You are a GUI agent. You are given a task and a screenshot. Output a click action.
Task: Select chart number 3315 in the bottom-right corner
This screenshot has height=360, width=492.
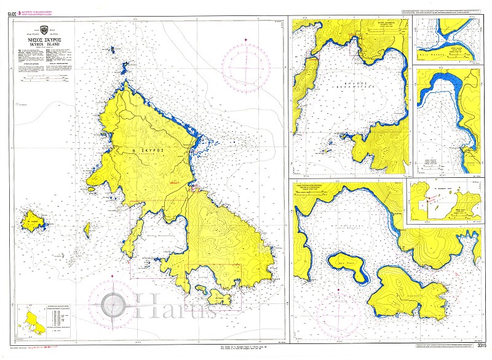tap(482, 346)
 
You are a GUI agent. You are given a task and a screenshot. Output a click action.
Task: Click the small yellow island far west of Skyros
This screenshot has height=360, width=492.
tap(31, 220)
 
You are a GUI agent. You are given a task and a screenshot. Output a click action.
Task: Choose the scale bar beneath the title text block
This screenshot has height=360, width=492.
tap(47, 79)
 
